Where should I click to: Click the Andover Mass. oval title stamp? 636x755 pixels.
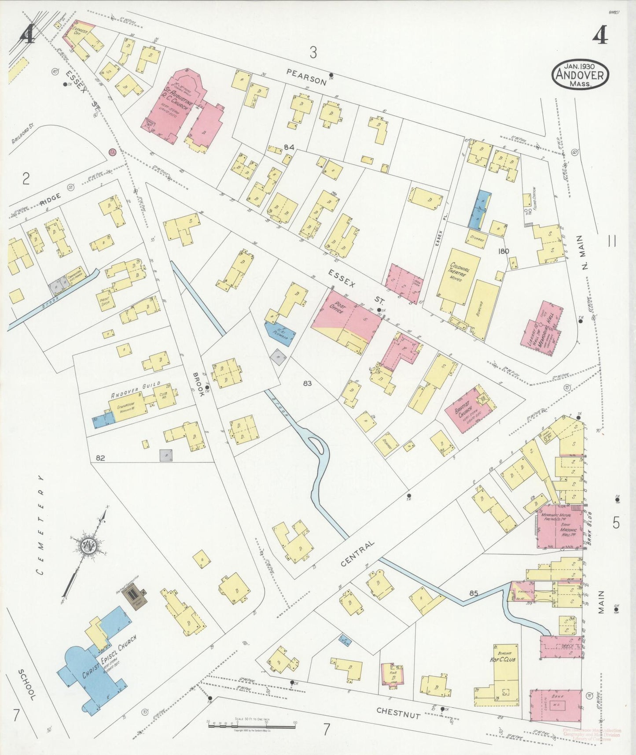pos(581,74)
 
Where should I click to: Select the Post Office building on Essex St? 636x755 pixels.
pos(346,317)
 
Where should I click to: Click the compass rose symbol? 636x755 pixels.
pos(88,546)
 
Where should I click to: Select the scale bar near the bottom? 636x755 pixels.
pos(251,722)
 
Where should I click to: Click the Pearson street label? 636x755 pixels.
pos(306,77)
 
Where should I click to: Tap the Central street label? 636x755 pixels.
pos(357,554)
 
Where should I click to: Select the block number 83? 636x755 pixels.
pos(307,383)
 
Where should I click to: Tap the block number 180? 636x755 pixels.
pos(504,251)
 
